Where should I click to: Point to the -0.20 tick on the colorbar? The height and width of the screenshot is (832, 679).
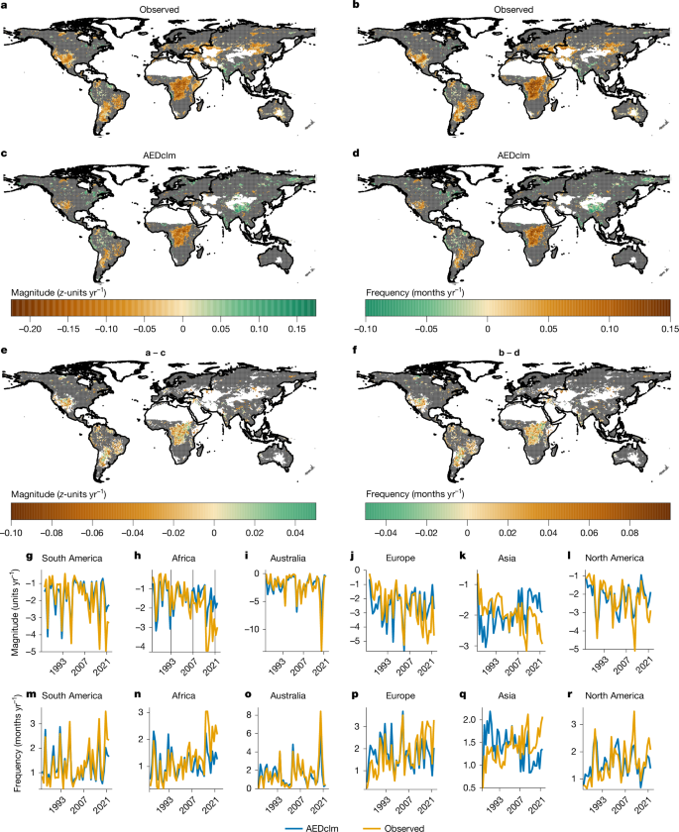coord(31,326)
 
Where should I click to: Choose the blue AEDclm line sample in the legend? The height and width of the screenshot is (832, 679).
coord(271,824)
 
